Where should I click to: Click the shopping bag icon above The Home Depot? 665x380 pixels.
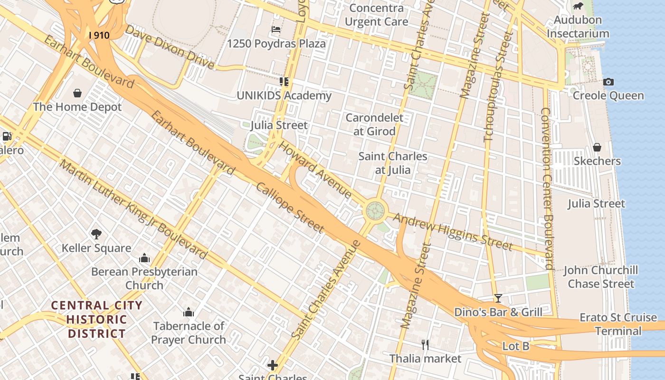point(77,93)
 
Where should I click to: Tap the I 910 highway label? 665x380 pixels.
point(99,35)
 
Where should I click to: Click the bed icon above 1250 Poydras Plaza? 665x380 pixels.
point(276,29)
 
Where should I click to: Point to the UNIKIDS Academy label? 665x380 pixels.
point(284,95)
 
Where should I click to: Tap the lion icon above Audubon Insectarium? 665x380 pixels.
point(578,6)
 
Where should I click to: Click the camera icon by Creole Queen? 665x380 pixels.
point(608,82)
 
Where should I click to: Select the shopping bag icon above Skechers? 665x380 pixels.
point(597,147)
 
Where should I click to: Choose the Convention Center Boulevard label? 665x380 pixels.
point(547,189)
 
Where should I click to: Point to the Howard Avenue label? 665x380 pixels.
point(315,170)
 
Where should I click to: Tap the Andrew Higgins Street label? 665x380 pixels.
point(453,232)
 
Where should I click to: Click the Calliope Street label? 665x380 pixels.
point(290,208)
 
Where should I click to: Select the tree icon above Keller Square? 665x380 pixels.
point(96,234)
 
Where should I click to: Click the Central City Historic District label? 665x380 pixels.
point(96,319)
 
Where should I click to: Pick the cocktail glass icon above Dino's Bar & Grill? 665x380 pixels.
point(498,298)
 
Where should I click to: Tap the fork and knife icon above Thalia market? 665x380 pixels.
point(425,344)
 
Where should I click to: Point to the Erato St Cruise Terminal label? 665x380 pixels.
point(618,324)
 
